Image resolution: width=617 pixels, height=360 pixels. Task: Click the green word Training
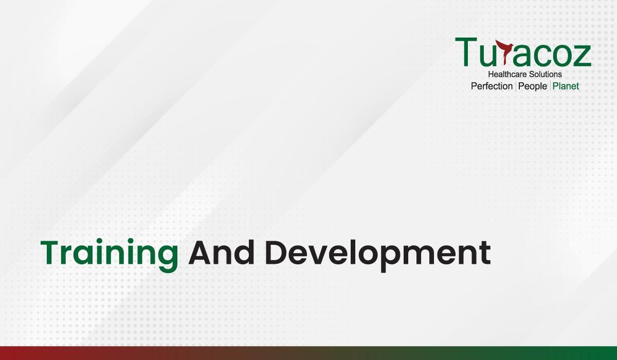110,255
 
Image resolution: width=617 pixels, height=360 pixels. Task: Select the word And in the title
221,253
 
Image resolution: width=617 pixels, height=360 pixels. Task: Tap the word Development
378,255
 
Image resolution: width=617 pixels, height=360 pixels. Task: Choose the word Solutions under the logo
542,74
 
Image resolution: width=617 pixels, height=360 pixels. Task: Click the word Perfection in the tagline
492,86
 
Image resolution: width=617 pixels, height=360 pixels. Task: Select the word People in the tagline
533,86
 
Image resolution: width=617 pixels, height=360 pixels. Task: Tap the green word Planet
566,86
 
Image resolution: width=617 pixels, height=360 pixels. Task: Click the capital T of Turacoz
466,52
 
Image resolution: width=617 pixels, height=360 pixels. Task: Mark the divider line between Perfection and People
516,86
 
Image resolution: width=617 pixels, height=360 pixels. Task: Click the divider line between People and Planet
550,86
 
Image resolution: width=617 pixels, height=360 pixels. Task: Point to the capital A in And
201,253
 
